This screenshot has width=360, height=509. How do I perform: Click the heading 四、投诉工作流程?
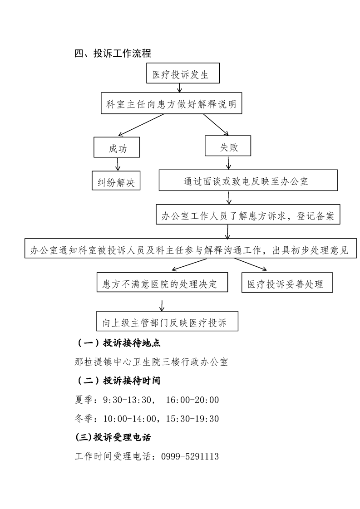(x=113, y=53)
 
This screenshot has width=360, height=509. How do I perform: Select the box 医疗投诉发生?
(x=183, y=73)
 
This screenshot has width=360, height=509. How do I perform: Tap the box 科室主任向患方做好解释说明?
(x=171, y=103)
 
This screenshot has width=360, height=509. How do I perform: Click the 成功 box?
(x=117, y=147)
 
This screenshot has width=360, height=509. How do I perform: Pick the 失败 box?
(x=228, y=146)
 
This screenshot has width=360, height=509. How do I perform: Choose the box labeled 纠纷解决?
(x=116, y=181)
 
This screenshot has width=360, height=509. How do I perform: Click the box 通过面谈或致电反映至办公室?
(x=248, y=180)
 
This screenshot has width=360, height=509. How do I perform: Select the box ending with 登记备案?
(x=248, y=214)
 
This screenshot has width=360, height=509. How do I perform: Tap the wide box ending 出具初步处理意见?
(x=191, y=248)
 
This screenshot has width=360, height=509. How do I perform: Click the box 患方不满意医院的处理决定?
(x=162, y=282)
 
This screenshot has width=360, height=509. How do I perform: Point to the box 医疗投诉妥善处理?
(x=287, y=283)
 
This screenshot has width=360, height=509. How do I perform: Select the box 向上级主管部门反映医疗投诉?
(x=168, y=321)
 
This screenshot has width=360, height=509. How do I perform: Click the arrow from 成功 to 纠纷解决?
(x=118, y=164)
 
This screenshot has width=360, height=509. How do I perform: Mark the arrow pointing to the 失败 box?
(x=216, y=125)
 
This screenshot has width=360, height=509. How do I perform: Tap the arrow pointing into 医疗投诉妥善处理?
(x=251, y=264)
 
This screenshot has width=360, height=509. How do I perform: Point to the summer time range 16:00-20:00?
(x=192, y=400)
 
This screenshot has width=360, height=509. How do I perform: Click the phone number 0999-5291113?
(x=190, y=456)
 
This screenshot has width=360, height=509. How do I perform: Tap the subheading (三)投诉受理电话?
(x=113, y=437)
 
